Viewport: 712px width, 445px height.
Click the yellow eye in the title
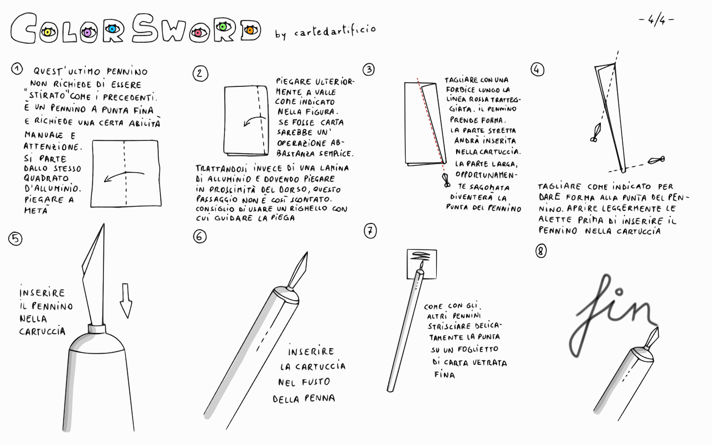48,33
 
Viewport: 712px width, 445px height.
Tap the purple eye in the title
88,33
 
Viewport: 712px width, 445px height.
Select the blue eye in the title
113,29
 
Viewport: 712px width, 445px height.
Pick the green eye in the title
223,26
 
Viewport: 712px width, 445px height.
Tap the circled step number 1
17,69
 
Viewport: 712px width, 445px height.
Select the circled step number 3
369,69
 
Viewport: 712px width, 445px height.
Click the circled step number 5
15,239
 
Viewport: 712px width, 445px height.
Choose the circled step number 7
370,231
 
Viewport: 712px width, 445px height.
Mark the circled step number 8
541,251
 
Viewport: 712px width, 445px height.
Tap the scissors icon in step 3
446,180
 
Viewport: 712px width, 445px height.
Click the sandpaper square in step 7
422,264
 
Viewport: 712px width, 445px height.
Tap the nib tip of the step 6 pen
307,252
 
